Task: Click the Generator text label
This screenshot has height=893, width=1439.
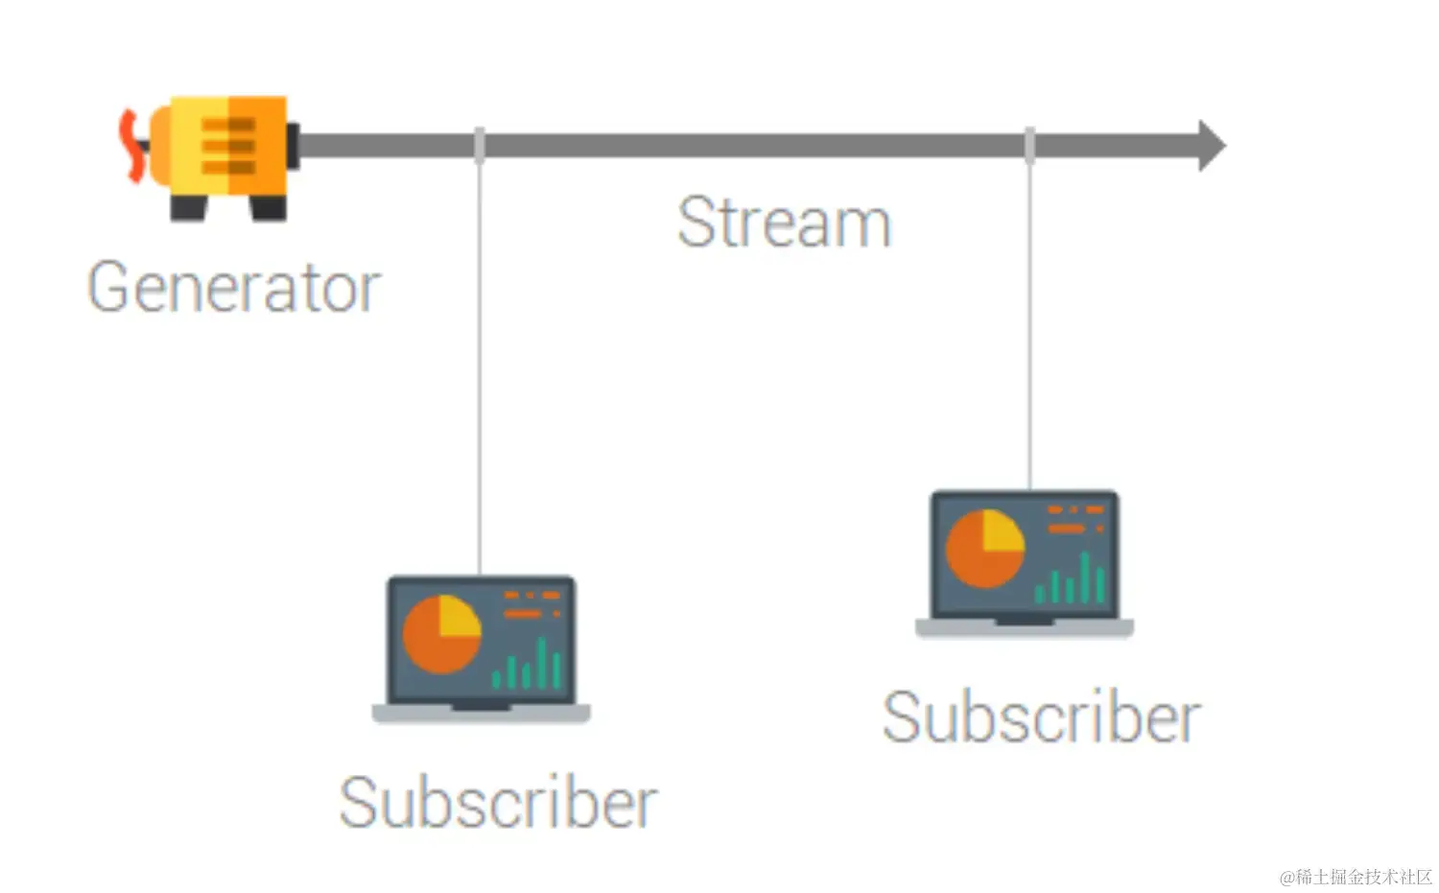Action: (234, 287)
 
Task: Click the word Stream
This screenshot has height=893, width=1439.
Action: (784, 223)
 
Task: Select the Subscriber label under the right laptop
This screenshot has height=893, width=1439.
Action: (1041, 717)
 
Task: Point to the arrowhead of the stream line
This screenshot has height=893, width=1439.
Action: (1211, 146)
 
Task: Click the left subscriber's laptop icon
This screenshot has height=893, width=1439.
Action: (481, 647)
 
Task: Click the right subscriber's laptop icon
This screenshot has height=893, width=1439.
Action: (1025, 563)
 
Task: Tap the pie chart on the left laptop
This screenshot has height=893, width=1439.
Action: (441, 634)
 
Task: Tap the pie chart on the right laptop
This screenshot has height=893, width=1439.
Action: (985, 549)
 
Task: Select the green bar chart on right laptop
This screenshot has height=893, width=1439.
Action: (1071, 579)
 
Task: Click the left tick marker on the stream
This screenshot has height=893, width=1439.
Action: (479, 145)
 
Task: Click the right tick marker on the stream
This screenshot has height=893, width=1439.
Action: (1029, 145)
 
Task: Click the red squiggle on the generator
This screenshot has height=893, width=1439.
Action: (128, 146)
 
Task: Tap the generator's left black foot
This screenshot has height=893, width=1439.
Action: (188, 207)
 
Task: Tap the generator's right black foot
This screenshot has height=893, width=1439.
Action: (268, 207)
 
